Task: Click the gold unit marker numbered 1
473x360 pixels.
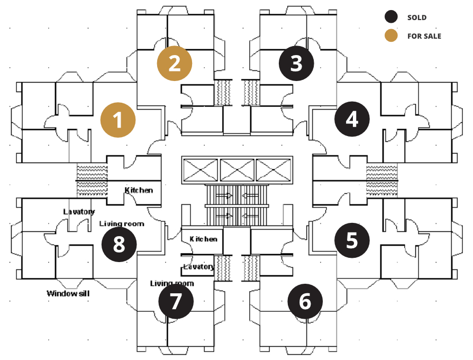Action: coord(119,120)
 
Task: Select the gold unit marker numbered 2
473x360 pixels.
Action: coord(175,64)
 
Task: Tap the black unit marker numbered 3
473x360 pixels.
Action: coord(296,64)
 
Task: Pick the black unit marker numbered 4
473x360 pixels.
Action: coord(352,120)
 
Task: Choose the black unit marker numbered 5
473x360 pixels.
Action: coord(352,240)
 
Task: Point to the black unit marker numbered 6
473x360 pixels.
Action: coord(305,301)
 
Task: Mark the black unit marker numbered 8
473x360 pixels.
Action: coord(119,245)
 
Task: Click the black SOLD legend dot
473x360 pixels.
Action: coord(392,17)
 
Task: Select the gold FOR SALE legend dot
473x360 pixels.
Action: coord(392,36)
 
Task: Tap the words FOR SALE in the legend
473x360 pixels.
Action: coord(424,36)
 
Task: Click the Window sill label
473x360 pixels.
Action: coord(67,293)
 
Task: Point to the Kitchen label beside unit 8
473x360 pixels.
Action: coord(139,190)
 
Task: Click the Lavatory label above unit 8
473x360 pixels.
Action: coord(79,212)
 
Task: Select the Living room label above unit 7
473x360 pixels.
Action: coord(172,283)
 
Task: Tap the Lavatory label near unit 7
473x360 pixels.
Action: coord(198,266)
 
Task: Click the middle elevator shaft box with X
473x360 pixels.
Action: coord(236,170)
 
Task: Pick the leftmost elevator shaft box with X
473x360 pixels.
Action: coord(200,170)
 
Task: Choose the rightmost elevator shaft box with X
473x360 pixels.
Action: coord(273,170)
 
